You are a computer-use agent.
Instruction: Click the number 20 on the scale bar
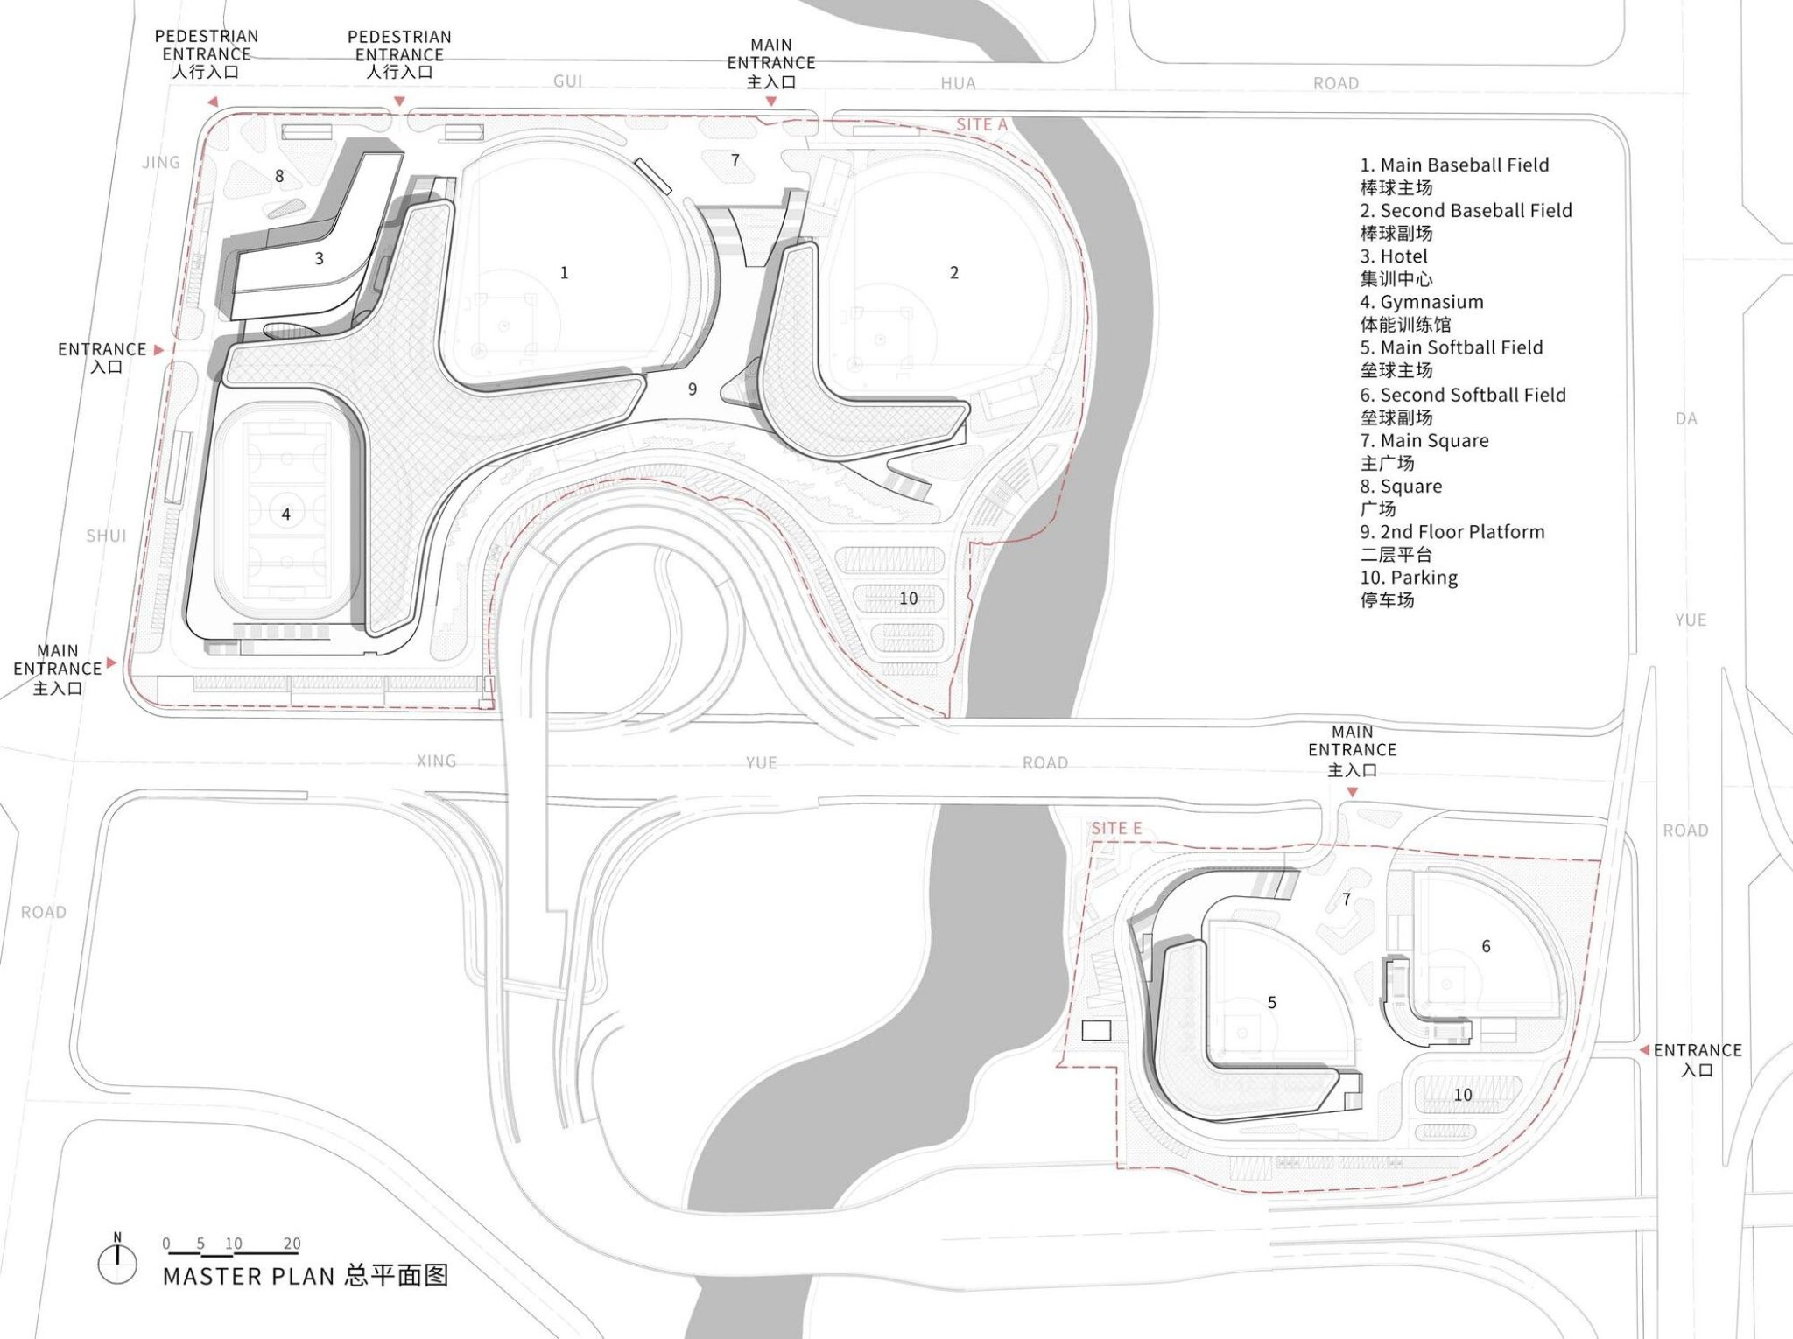pyautogui.click(x=292, y=1244)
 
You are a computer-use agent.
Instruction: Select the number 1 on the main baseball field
pyautogui.click(x=564, y=273)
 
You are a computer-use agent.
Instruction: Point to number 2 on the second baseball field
pyautogui.click(x=954, y=273)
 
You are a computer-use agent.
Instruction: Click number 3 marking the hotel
pyautogui.click(x=319, y=259)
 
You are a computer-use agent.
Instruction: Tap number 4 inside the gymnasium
pyautogui.click(x=285, y=515)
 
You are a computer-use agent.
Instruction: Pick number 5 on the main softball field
pyautogui.click(x=1272, y=1003)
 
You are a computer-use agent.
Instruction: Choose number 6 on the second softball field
pyautogui.click(x=1486, y=946)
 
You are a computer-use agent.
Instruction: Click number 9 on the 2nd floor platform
pyautogui.click(x=693, y=389)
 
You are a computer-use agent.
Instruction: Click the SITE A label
pyautogui.click(x=981, y=125)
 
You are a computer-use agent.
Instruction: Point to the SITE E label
pyautogui.click(x=1116, y=828)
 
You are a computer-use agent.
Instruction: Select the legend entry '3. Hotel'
pyautogui.click(x=1394, y=256)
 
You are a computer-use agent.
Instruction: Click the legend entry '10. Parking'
pyautogui.click(x=1409, y=578)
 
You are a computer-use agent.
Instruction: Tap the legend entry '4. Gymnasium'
pyautogui.click(x=1422, y=302)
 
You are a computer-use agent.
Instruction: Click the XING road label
pyautogui.click(x=436, y=761)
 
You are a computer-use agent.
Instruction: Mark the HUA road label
pyautogui.click(x=958, y=83)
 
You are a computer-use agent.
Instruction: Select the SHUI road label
pyautogui.click(x=106, y=536)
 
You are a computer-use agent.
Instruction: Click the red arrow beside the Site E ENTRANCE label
pyautogui.click(x=1644, y=1049)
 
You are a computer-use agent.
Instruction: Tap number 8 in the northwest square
pyautogui.click(x=279, y=176)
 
